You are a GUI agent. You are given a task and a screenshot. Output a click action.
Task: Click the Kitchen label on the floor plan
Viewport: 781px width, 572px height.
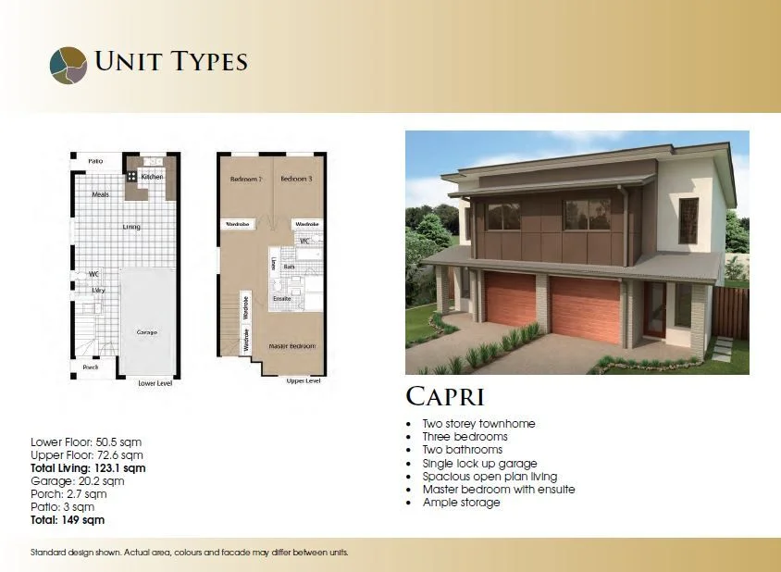[153, 176]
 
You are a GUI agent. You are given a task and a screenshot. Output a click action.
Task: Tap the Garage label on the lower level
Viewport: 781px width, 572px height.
[146, 332]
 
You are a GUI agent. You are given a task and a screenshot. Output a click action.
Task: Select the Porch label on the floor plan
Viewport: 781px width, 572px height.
[91, 367]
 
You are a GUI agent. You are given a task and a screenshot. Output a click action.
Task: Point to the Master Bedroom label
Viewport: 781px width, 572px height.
[291, 346]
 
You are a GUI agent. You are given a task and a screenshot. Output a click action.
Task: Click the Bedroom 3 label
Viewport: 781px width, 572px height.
[296, 178]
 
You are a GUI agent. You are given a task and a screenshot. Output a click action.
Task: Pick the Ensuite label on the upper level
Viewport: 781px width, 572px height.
[282, 299]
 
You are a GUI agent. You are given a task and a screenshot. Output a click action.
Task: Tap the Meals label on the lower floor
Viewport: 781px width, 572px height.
[101, 194]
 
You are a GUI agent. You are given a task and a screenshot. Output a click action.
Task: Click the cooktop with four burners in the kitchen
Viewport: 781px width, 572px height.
[132, 175]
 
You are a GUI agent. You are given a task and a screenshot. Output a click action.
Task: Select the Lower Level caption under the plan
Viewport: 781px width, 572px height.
[155, 382]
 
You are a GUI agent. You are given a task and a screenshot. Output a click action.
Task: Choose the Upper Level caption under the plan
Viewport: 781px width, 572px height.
[304, 380]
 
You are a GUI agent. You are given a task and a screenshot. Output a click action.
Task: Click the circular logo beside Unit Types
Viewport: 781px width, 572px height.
[68, 64]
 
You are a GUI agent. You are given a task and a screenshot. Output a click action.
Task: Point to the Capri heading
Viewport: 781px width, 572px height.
[445, 396]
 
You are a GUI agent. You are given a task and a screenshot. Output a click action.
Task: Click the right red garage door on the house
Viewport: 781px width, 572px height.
[586, 309]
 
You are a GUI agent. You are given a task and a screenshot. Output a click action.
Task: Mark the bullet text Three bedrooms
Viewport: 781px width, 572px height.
[465, 437]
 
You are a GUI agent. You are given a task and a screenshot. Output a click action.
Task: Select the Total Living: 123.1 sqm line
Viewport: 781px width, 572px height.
[88, 468]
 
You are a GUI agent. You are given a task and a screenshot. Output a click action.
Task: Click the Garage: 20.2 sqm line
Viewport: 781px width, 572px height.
[78, 481]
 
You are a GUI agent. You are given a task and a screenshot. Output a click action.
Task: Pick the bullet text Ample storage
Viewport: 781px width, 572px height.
[461, 503]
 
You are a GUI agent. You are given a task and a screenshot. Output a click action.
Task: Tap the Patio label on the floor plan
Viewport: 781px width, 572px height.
[94, 161]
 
